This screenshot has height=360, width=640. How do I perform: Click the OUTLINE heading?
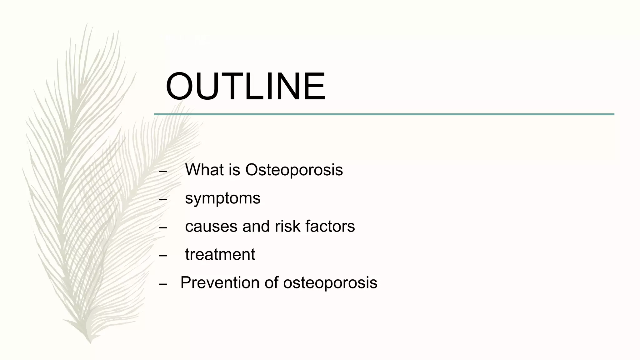click(x=246, y=87)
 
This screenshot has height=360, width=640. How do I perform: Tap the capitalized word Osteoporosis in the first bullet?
click(x=294, y=170)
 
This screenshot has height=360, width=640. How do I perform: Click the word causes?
click(x=211, y=226)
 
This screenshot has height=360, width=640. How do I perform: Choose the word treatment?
click(x=220, y=254)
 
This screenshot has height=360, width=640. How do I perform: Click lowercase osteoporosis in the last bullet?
click(x=330, y=282)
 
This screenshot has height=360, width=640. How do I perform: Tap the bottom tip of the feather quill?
click(x=90, y=342)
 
